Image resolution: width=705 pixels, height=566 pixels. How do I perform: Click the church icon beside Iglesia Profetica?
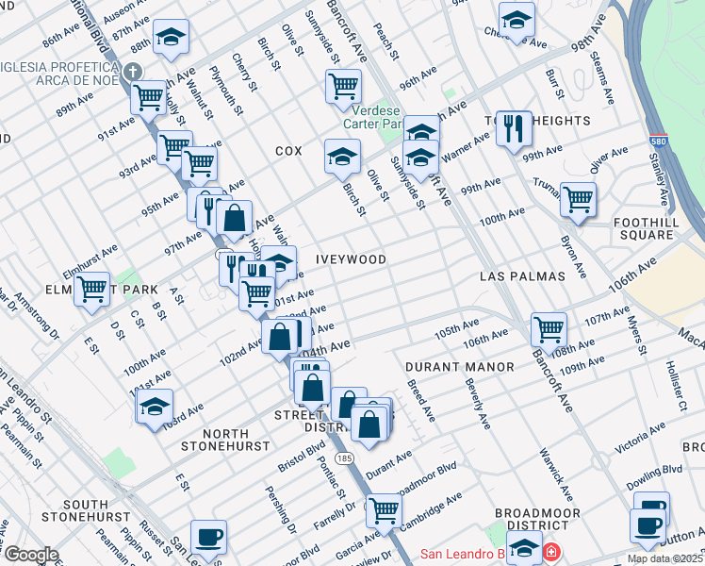(x=133, y=72)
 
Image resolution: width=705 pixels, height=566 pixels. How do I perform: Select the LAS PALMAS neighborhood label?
(x=521, y=276)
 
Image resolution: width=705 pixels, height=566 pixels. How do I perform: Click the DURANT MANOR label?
(x=460, y=366)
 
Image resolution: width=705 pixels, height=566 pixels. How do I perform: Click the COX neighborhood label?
(x=288, y=151)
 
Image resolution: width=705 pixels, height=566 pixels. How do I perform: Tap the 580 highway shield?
(x=657, y=142)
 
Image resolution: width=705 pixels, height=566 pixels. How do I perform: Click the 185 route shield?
(x=348, y=458)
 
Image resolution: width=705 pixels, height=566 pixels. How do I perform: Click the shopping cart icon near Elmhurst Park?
(x=92, y=289)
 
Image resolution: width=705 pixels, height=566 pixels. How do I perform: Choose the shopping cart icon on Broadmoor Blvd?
(x=383, y=510)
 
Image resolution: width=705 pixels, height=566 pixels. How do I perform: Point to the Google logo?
(x=31, y=555)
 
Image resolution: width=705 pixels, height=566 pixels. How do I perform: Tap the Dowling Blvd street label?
(x=654, y=475)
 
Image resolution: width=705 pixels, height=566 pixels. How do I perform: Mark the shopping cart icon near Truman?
(x=578, y=199)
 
